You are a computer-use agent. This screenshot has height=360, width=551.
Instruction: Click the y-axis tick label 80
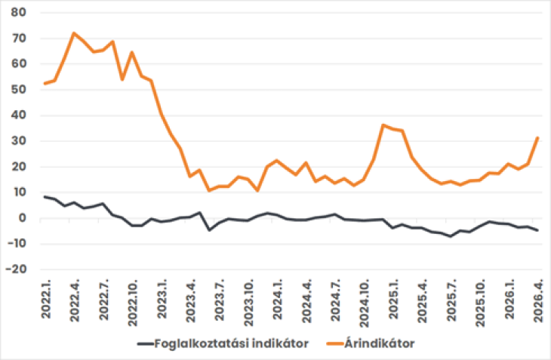coord(18,13)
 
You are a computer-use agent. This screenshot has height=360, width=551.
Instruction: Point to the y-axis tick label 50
coord(18,90)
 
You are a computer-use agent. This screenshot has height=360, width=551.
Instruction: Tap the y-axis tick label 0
coord(22,218)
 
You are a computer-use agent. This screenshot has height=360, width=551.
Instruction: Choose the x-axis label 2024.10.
coord(363,300)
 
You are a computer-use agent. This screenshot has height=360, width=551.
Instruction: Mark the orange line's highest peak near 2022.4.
coord(74,33)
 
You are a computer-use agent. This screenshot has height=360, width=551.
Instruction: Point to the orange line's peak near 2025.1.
coord(383,125)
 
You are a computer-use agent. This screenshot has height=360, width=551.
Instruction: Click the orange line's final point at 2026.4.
coord(537,137)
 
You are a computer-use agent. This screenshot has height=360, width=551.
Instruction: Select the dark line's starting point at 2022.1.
coord(45,197)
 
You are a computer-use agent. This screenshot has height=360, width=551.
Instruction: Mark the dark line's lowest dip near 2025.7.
coord(451,236)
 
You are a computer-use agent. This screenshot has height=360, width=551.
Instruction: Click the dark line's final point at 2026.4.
coord(537,230)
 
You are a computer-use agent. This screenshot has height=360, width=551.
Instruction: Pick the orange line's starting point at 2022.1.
coord(45,83)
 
